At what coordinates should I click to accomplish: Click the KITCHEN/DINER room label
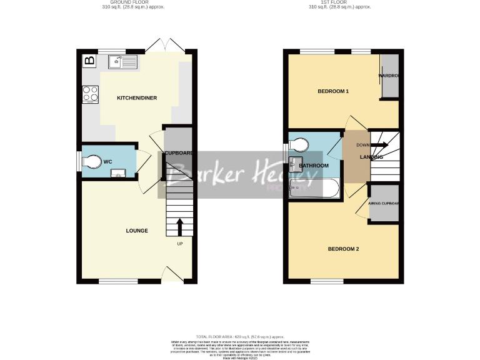tap(137, 98)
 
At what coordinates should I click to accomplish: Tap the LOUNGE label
tap(137, 231)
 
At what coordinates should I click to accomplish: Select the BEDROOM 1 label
tap(333, 91)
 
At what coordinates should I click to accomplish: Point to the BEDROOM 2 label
tap(344, 249)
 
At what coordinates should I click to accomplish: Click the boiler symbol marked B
tap(89, 61)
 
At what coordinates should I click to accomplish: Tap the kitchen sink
tap(122, 61)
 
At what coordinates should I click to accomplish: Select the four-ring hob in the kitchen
tap(90, 94)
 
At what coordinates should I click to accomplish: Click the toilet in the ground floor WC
tap(91, 161)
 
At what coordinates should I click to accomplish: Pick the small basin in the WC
tap(116, 173)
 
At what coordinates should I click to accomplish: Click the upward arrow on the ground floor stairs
tap(181, 226)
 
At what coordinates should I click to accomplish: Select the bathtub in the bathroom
tap(316, 187)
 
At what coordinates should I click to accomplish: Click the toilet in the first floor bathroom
tap(299, 146)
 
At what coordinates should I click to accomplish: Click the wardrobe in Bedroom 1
tap(390, 76)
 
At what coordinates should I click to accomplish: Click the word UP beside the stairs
tap(181, 243)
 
